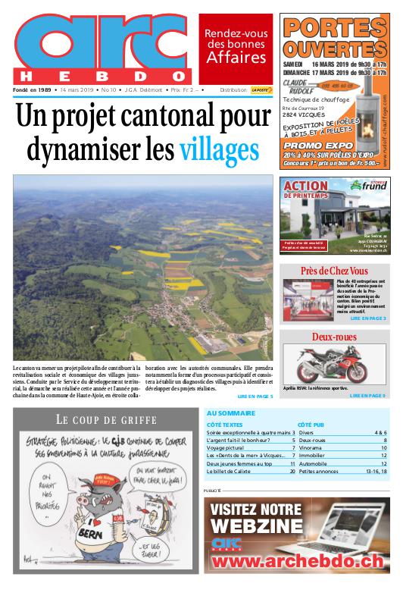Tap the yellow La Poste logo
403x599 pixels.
(261, 89)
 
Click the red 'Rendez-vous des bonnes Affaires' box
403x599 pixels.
(236, 47)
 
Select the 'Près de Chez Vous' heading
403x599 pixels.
(333, 271)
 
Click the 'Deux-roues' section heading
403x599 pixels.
(333, 337)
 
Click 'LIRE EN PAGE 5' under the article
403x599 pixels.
(255, 396)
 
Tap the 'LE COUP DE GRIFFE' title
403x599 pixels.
(106, 419)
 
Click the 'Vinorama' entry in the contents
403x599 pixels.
(311, 448)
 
